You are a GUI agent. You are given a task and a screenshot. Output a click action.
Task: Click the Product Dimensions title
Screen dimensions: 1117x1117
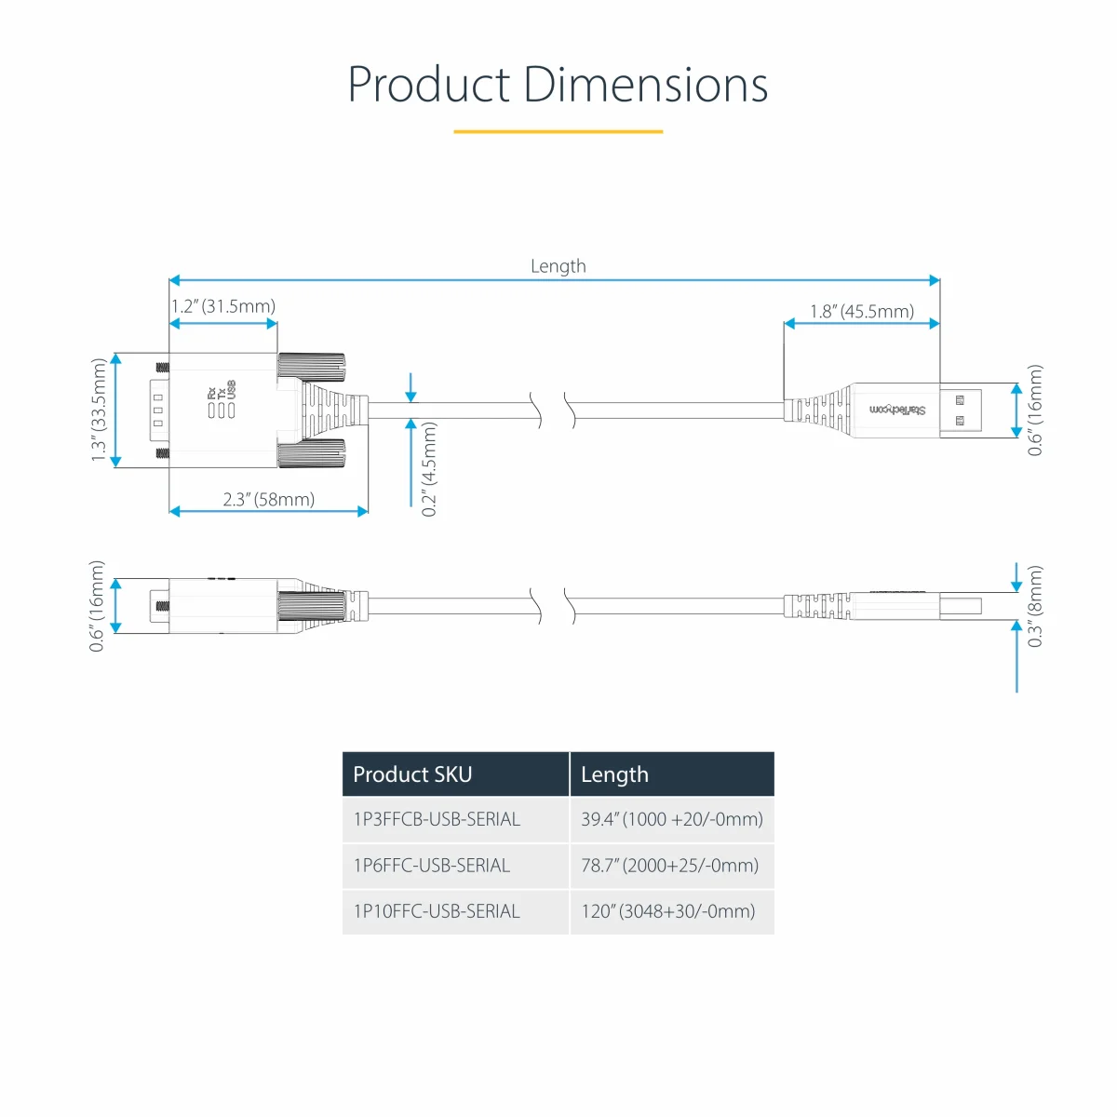[x=558, y=85]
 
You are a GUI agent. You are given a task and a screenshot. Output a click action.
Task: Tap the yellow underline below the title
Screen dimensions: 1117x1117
[x=558, y=131]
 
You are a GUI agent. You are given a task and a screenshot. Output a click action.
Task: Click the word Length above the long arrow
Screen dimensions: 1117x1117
[x=558, y=266]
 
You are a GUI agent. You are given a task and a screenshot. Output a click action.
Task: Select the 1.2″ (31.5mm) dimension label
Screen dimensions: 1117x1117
[x=223, y=306]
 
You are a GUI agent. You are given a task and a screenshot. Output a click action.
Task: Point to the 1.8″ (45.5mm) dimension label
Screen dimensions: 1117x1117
[x=862, y=311]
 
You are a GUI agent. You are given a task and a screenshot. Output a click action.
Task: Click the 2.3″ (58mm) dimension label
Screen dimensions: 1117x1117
[x=268, y=499]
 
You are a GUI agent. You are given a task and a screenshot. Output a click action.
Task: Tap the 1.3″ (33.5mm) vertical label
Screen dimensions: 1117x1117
[x=99, y=410]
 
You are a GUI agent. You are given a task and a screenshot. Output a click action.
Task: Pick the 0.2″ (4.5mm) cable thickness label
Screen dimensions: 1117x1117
[x=429, y=469]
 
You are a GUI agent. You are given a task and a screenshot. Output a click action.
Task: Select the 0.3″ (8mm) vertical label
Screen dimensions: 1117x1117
[x=1035, y=606]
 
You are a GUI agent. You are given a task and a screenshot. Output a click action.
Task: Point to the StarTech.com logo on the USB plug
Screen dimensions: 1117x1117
[x=897, y=410]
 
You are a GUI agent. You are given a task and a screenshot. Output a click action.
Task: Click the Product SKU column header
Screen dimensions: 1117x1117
[x=412, y=774]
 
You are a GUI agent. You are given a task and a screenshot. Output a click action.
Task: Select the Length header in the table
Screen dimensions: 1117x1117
[x=614, y=774]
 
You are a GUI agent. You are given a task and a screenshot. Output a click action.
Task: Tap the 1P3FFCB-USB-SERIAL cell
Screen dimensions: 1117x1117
[x=437, y=819]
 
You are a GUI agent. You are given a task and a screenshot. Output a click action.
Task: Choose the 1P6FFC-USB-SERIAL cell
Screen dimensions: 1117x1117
[x=432, y=866]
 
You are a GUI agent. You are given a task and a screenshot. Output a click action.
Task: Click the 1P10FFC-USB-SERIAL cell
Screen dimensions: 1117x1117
[x=437, y=911]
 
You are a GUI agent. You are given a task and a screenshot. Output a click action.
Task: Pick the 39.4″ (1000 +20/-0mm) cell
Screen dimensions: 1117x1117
[x=672, y=819]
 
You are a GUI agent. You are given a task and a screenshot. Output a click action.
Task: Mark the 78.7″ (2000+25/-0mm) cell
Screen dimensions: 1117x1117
[x=669, y=866]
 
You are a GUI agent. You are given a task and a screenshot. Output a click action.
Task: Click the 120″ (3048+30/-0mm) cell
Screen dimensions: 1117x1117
[x=667, y=911]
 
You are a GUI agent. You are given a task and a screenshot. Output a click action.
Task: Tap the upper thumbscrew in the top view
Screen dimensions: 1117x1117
[x=311, y=367]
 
